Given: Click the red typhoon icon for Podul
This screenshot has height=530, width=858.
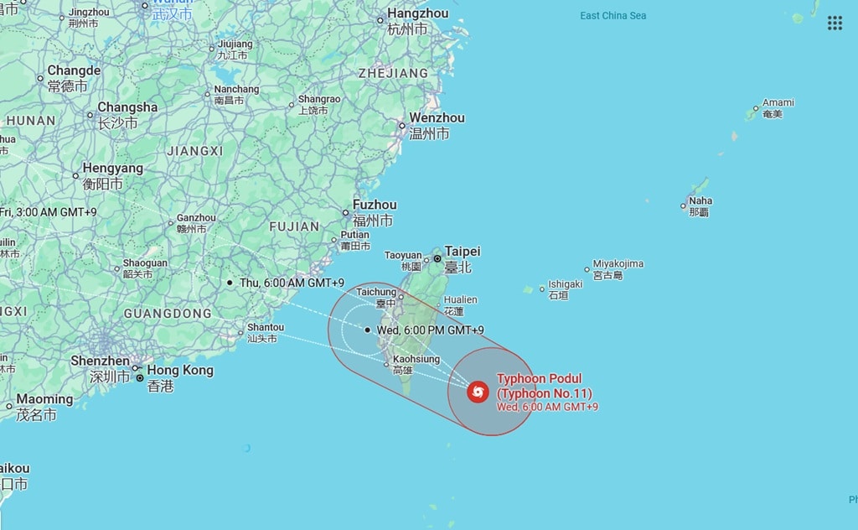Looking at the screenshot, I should coord(478,392).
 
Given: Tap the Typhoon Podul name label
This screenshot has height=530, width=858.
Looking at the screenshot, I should coord(539,379).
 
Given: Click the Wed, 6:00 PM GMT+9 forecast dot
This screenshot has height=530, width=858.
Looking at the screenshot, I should coord(368,330).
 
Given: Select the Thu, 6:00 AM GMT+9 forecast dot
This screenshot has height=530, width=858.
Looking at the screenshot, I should coord(230,283).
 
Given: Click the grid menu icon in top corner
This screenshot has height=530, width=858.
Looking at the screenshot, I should coord(835,23).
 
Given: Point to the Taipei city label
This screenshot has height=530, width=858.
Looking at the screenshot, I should coord(463,251).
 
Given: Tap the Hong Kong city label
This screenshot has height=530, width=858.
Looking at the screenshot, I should coord(180,370).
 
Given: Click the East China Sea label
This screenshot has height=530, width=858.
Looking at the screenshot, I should coord(612,16).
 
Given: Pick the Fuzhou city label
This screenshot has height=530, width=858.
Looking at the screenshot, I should coord(375,205).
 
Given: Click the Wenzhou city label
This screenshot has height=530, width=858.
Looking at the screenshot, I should coord(437,118).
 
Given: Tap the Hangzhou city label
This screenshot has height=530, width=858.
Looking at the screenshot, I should coord(417,14).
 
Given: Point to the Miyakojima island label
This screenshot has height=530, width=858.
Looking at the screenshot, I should coord(618,263).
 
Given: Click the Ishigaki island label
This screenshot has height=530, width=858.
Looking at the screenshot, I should coord(565,284).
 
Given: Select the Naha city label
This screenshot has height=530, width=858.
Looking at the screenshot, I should coord(700,201).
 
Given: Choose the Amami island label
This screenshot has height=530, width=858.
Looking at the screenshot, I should coord(778,103).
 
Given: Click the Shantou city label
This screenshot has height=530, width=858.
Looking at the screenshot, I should coord(266,327).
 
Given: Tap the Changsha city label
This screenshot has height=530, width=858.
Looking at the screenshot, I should coord(127,107).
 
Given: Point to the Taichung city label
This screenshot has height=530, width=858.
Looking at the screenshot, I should coord(376,292).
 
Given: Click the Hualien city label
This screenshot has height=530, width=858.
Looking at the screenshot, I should coord(460,299).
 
